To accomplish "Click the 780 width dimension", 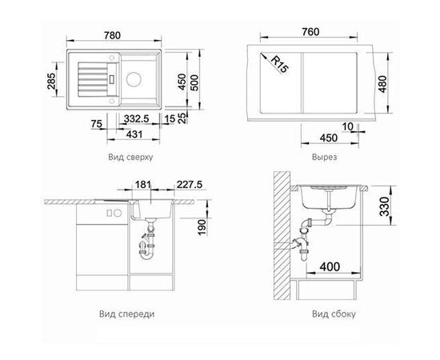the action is click(x=112, y=35).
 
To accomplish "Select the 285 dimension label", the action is click(x=51, y=81).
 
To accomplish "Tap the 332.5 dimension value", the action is click(x=137, y=118).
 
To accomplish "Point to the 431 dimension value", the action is click(x=134, y=134).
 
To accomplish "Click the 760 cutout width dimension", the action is click(x=310, y=32).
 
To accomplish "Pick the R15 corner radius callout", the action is click(x=279, y=65).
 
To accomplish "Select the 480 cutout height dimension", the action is click(x=382, y=84).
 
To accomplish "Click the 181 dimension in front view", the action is click(x=143, y=185).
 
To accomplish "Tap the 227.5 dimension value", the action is click(x=190, y=185).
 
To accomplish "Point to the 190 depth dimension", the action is click(x=202, y=227).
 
